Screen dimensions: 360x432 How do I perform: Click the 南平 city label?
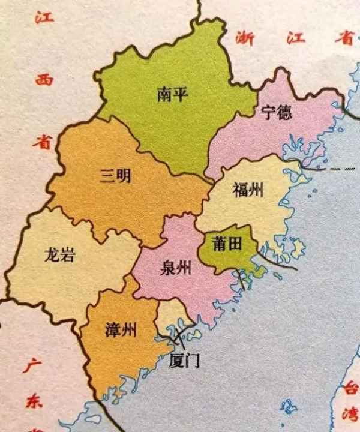point(172,95)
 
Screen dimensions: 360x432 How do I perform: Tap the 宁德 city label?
point(277,112)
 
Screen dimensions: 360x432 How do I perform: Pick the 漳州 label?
point(120,329)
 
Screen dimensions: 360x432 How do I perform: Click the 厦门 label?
point(184,361)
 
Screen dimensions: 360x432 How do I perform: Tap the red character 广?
point(30,366)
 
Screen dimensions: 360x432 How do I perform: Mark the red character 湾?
point(350,415)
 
